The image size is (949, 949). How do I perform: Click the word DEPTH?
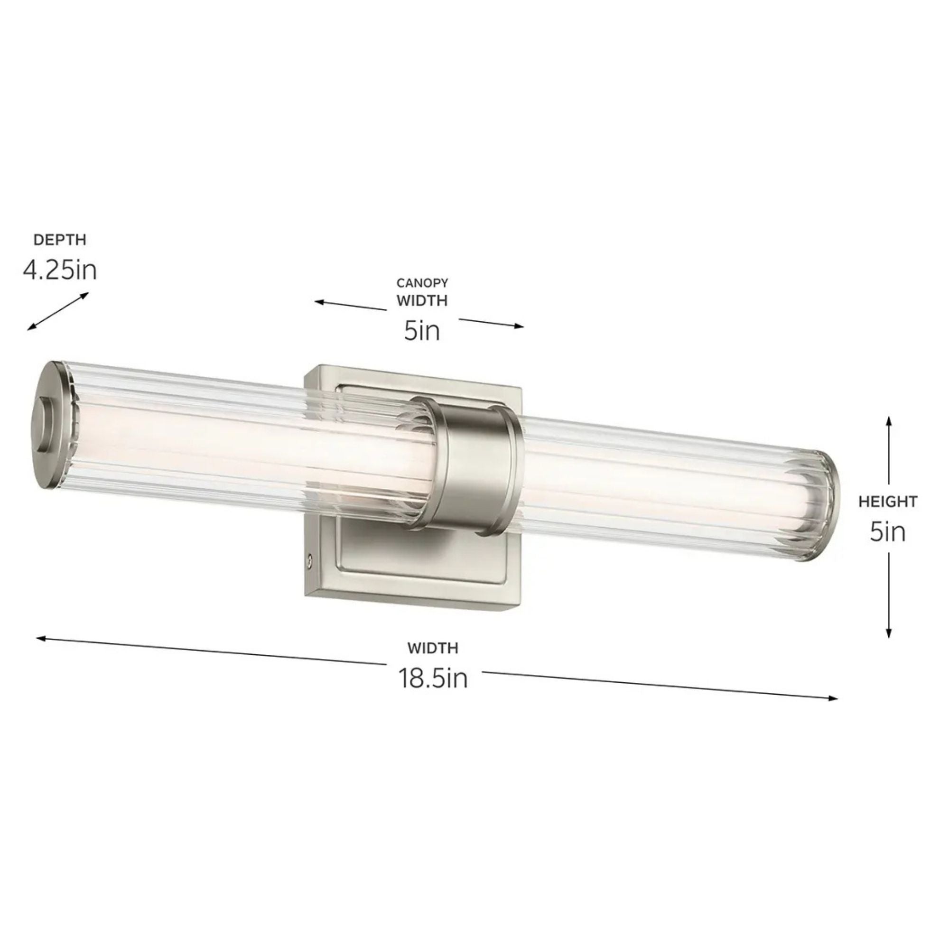(59, 240)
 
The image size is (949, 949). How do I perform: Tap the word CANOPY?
(422, 283)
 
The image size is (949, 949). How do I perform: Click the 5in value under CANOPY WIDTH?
(422, 331)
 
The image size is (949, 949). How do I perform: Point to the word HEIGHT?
(888, 502)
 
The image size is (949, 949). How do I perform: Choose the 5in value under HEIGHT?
(888, 531)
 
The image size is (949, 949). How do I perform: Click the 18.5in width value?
(433, 679)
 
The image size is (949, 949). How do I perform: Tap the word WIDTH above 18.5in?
(433, 648)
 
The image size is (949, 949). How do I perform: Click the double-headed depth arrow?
(58, 311)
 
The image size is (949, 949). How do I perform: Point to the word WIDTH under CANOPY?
(422, 301)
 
